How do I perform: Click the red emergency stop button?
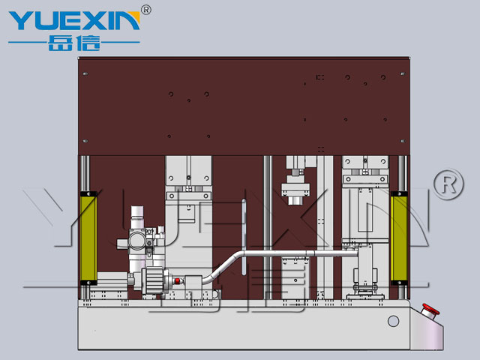coord(430,310)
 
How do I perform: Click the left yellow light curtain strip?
coord(88,238)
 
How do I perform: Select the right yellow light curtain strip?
coord(399,238)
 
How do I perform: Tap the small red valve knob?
coord(178,280)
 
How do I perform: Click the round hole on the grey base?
coord(393,321)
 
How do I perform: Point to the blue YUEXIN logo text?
coord(74,20)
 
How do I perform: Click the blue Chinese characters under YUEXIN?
coord(74,43)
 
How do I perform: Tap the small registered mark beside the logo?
coord(146,10)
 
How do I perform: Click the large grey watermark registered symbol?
coord(448,184)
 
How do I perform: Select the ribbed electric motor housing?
coord(154,280)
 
